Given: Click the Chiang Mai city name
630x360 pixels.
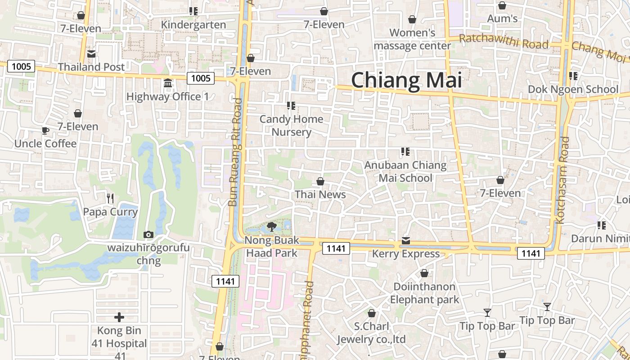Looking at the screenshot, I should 406,80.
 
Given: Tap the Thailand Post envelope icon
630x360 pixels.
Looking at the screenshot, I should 91,54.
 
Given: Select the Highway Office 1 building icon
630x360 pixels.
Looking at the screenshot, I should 168,83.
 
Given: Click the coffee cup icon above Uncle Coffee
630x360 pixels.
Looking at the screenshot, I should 45,130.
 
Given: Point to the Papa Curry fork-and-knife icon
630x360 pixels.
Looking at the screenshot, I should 110,198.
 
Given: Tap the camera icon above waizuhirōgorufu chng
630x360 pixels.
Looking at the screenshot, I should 148,234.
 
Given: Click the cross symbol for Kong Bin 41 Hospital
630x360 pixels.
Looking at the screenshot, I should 119,318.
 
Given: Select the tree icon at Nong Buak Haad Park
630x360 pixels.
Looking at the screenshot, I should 271,226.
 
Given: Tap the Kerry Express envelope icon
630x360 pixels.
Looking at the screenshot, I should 406,241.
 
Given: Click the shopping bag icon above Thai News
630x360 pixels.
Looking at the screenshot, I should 320,181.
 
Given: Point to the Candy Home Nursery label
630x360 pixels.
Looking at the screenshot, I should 291,126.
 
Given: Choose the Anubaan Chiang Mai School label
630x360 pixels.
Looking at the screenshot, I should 405,171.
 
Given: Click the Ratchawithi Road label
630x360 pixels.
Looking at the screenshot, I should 504,41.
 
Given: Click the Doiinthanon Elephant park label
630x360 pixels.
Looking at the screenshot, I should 424,293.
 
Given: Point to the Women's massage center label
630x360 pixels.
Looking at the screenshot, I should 412,39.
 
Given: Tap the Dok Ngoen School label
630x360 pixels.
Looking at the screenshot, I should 573,89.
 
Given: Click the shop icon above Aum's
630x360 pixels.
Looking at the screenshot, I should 502,5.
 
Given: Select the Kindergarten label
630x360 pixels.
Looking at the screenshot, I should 193,25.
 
